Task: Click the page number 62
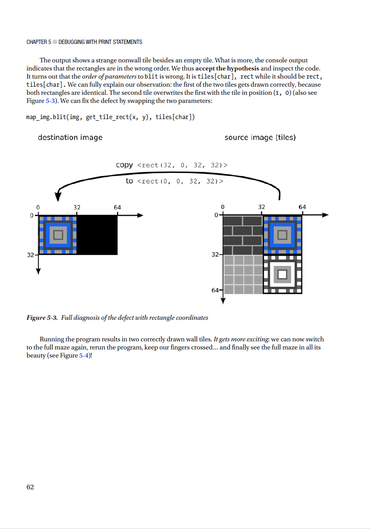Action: click(x=30, y=487)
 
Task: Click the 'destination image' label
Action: click(x=70, y=138)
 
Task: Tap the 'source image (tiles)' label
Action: click(x=260, y=138)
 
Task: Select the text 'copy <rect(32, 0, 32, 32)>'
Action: click(x=172, y=165)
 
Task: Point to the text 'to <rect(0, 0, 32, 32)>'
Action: click(x=174, y=181)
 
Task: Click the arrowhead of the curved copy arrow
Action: click(x=58, y=196)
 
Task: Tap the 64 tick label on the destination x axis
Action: click(x=117, y=207)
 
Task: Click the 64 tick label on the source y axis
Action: click(x=215, y=290)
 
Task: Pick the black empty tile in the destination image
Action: click(x=97, y=235)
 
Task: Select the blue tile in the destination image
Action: click(x=58, y=235)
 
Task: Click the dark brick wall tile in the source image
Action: click(x=243, y=235)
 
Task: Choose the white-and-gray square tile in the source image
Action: click(x=282, y=274)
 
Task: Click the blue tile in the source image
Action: click(x=282, y=235)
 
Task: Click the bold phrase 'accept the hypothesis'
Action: click(x=227, y=68)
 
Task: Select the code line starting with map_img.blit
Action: click(x=110, y=117)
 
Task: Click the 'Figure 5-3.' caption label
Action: click(x=42, y=317)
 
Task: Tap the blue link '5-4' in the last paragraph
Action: click(x=84, y=355)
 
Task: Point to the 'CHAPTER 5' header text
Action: click(x=39, y=42)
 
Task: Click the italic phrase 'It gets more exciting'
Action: click(x=241, y=339)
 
